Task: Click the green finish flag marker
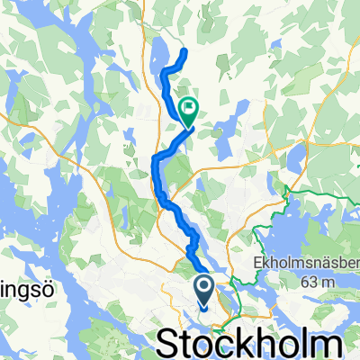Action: pos(190,112)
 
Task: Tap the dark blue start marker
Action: pos(202,290)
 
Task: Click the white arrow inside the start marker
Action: pos(202,288)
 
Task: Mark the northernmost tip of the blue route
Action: pos(184,51)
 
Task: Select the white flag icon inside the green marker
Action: pos(190,110)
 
